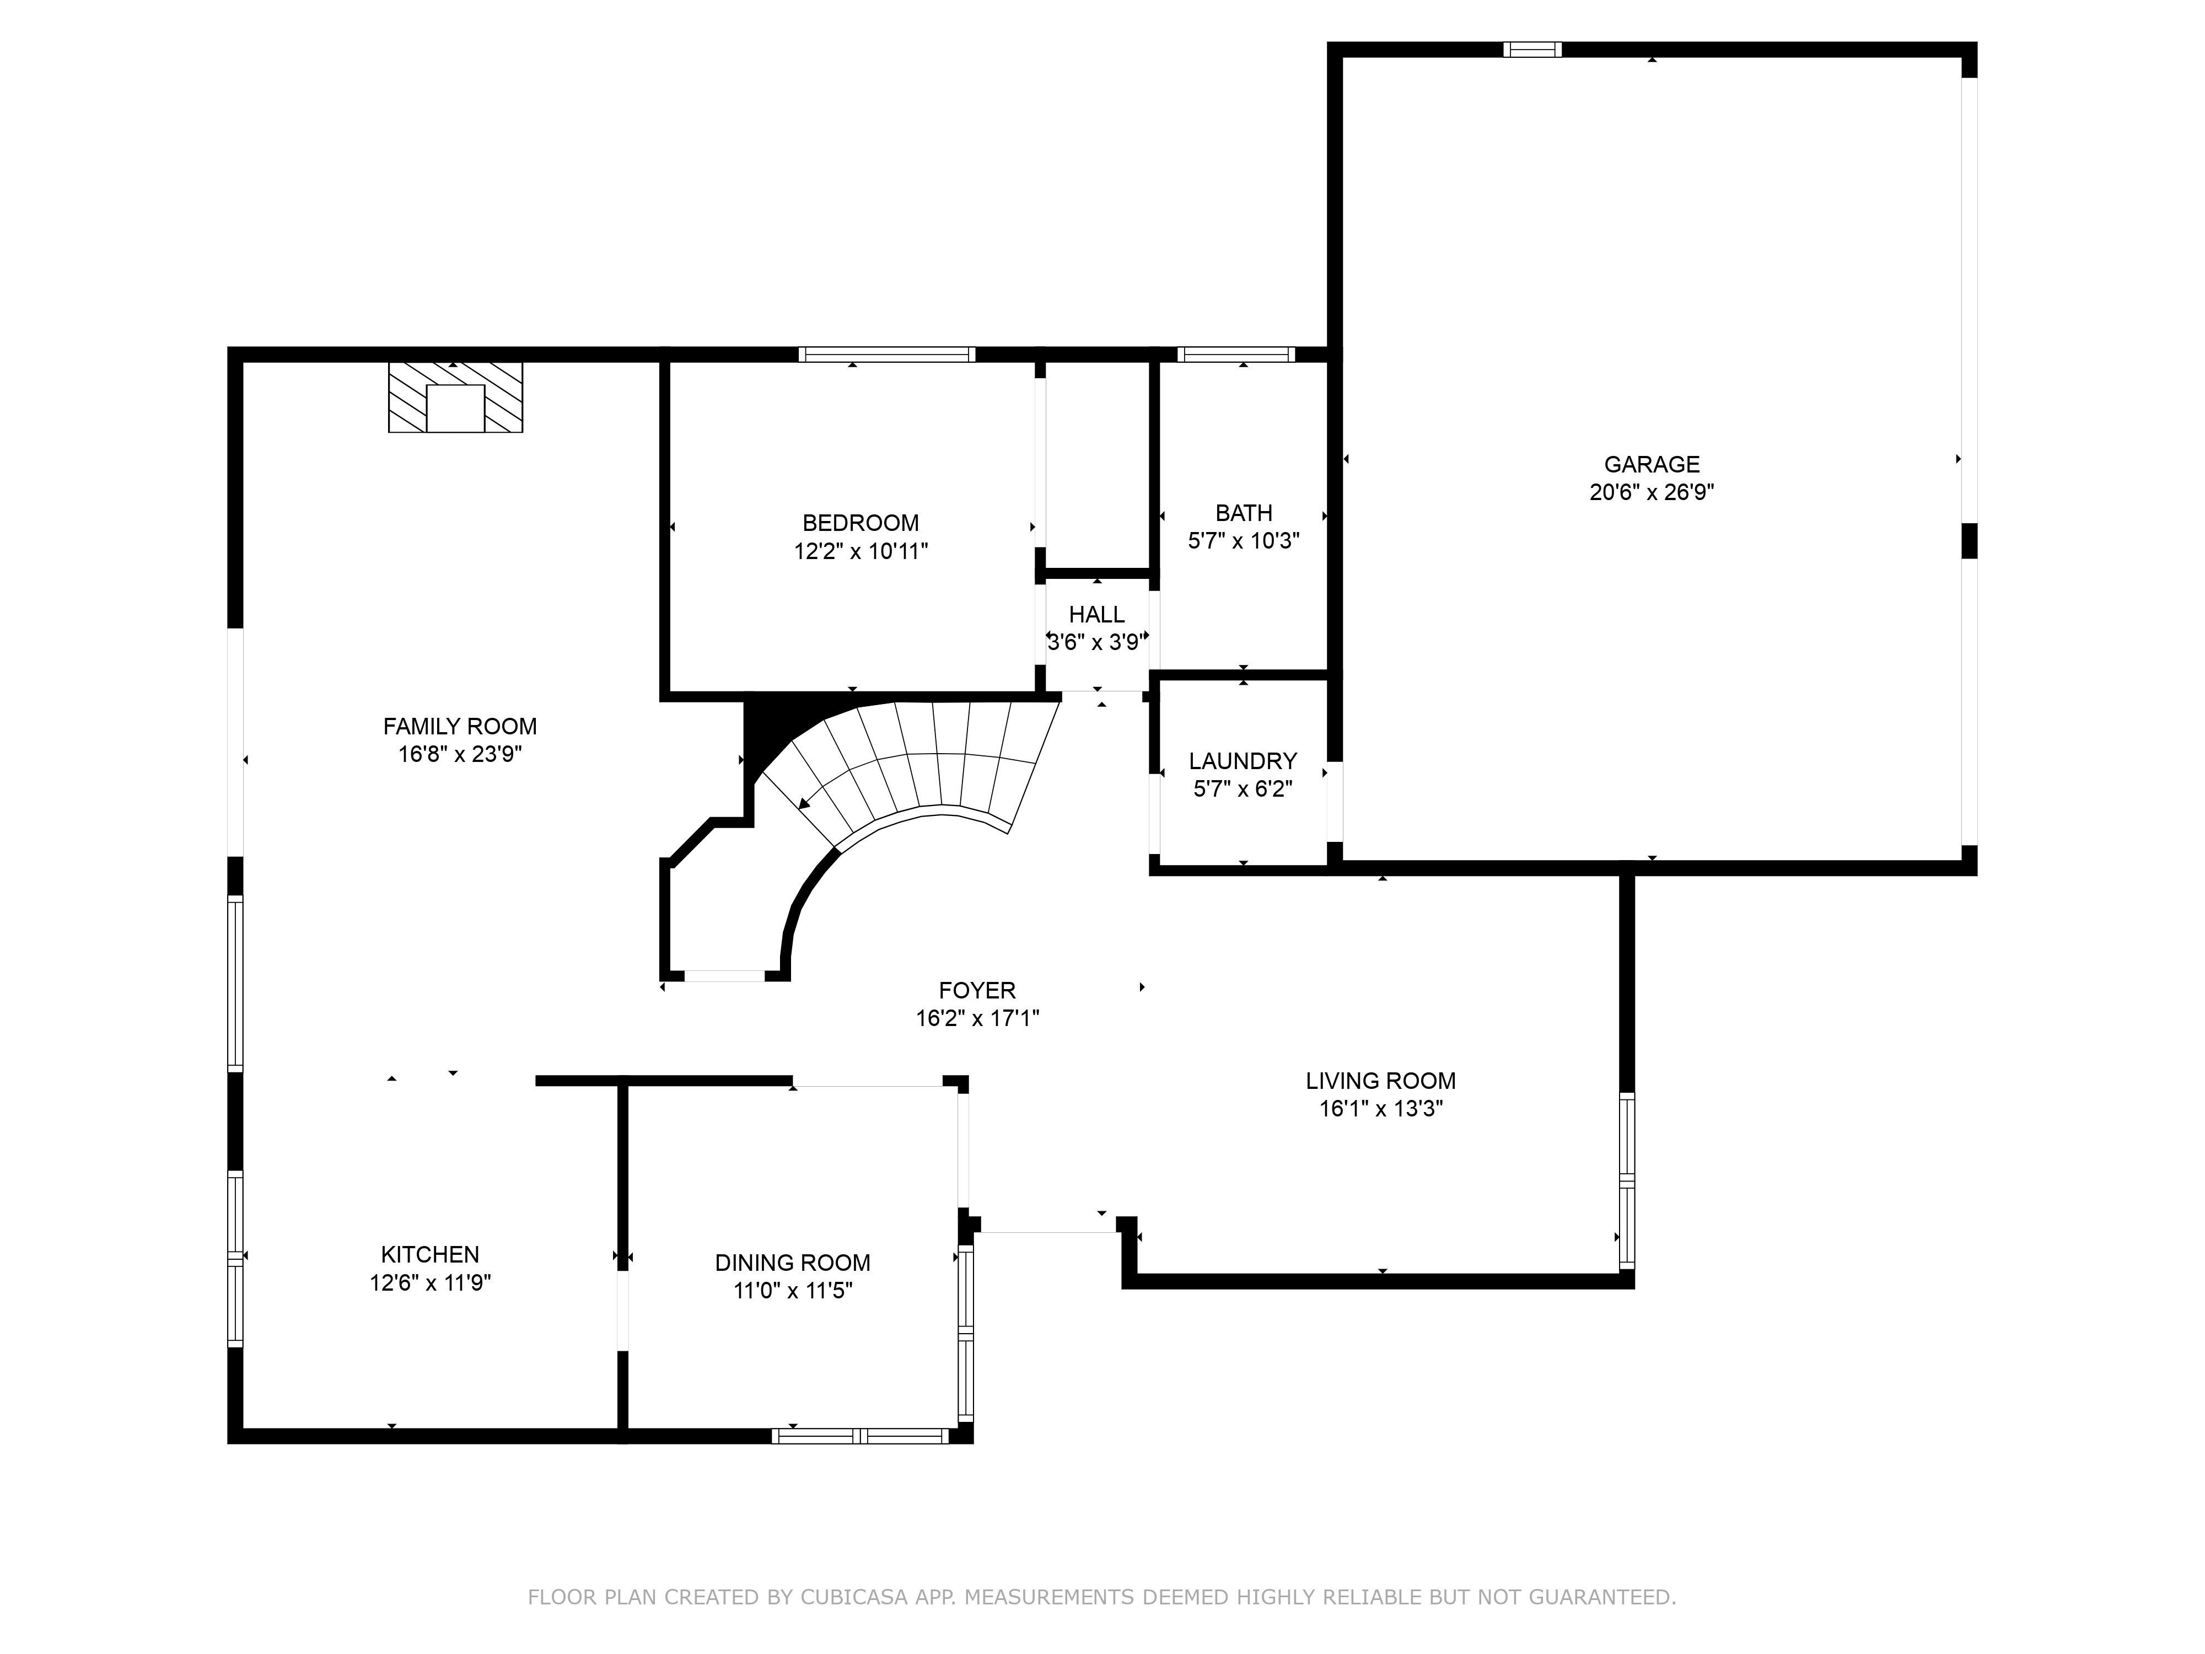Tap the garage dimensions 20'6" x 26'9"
(1652, 492)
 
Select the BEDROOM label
(861, 523)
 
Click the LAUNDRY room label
(1243, 761)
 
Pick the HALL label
(1096, 614)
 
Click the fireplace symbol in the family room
(455, 397)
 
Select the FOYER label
(977, 990)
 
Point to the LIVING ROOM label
(1381, 1081)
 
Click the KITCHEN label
(429, 1254)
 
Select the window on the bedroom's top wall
(886, 354)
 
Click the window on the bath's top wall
(1236, 354)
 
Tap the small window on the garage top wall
(1532, 49)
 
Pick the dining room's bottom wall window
(861, 1436)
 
